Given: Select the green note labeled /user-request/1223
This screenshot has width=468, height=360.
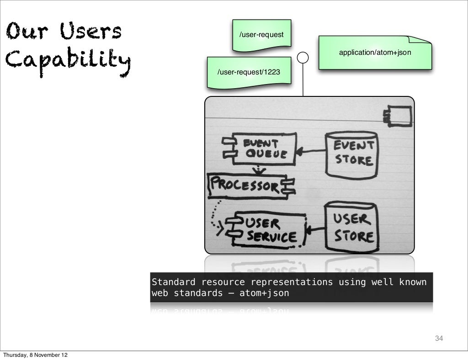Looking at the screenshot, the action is tap(249, 72).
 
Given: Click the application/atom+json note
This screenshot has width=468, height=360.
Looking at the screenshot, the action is tap(375, 53).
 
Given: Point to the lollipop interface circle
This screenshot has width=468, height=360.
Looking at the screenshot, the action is tap(303, 58).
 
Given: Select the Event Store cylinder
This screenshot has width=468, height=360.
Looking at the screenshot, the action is tap(352, 154).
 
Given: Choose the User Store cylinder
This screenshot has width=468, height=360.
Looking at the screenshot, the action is tap(352, 227).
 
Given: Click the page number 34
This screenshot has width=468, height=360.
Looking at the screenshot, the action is tap(439, 339).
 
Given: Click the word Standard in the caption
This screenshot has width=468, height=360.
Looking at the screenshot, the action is tap(173, 282).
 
